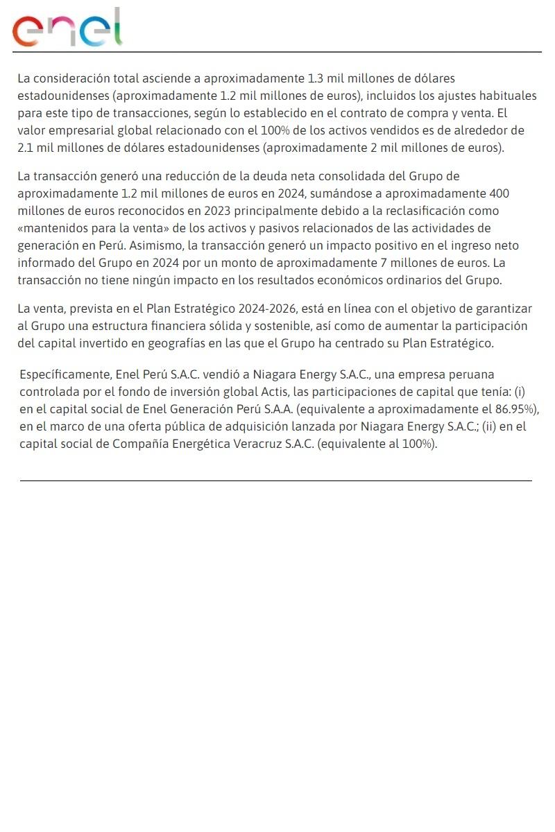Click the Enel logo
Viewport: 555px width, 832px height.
[x=67, y=28]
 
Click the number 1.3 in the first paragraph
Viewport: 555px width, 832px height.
[x=316, y=78]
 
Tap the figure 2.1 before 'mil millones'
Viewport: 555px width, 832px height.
[x=26, y=148]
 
